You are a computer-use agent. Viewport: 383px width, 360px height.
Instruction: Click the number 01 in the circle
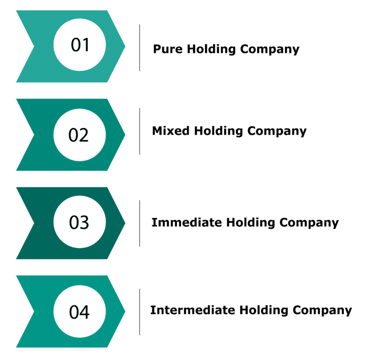click(80, 45)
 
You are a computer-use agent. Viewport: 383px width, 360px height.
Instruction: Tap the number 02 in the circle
click(79, 135)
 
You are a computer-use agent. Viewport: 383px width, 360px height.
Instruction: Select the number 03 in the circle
click(79, 222)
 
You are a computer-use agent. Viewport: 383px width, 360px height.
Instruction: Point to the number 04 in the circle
click(79, 312)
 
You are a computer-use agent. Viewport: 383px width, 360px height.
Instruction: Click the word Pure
click(168, 49)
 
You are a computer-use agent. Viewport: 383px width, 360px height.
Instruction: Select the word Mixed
click(170, 130)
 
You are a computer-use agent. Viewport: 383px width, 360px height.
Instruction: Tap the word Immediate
click(187, 222)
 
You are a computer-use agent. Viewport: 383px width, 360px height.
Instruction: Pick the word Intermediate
click(192, 310)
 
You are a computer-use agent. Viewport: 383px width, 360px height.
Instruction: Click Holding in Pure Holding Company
click(211, 50)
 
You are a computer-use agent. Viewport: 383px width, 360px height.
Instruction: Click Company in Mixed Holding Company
click(277, 132)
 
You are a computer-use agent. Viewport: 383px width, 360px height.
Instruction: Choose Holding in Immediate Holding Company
click(250, 223)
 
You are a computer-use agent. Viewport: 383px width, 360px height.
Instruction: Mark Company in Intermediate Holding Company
click(322, 311)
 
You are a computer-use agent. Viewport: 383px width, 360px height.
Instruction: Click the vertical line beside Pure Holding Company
click(140, 47)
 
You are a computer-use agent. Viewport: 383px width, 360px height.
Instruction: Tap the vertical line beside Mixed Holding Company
click(140, 131)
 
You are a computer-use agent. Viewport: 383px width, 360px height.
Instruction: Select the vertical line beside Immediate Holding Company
click(140, 223)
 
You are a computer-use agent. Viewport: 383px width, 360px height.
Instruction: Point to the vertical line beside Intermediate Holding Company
click(140, 312)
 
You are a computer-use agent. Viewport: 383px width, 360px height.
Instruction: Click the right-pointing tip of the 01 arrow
click(125, 46)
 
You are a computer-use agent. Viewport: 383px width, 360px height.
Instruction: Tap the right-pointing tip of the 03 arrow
click(125, 223)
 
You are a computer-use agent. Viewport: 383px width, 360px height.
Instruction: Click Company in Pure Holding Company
click(270, 50)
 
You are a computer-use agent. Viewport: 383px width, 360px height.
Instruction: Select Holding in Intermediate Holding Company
click(264, 311)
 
